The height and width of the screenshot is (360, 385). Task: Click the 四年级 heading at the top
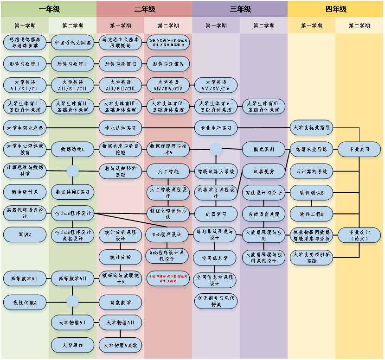[x=336, y=9]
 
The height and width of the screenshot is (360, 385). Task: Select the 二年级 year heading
[x=144, y=9]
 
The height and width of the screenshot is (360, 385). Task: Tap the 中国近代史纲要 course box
[x=73, y=42]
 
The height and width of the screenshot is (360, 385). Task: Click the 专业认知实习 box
[x=121, y=127]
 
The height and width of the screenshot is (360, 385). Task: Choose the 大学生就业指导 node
[x=312, y=127]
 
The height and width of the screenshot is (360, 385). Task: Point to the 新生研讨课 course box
[x=25, y=191]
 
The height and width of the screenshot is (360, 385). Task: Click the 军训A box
[x=25, y=234]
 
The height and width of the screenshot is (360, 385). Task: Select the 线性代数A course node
[x=25, y=303]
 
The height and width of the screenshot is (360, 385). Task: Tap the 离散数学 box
[x=121, y=303]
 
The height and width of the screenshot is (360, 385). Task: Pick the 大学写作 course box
[x=73, y=345]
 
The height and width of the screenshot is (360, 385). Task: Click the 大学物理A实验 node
[x=121, y=345]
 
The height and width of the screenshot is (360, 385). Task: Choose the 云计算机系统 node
[x=312, y=171]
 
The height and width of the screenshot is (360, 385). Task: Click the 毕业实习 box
[x=359, y=149]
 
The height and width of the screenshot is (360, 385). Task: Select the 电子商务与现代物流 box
[x=216, y=301]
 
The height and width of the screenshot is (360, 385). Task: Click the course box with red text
[x=168, y=278]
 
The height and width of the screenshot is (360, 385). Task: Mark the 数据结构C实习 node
[x=73, y=191]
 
